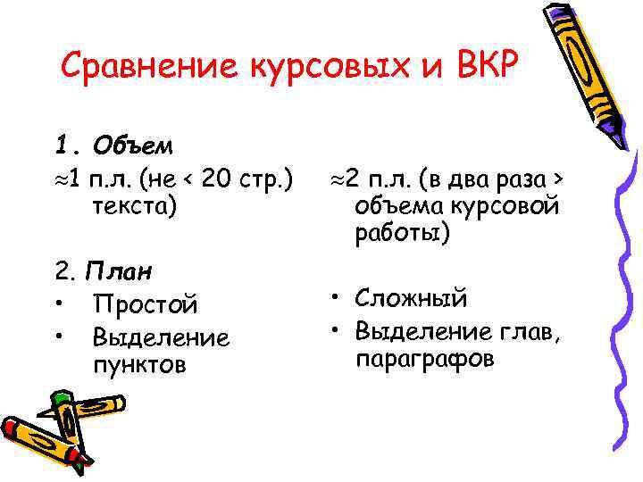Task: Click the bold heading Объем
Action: [138, 145]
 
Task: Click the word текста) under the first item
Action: [133, 205]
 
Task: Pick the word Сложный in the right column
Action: [411, 298]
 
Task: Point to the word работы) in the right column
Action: [403, 234]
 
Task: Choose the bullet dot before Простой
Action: [59, 304]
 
